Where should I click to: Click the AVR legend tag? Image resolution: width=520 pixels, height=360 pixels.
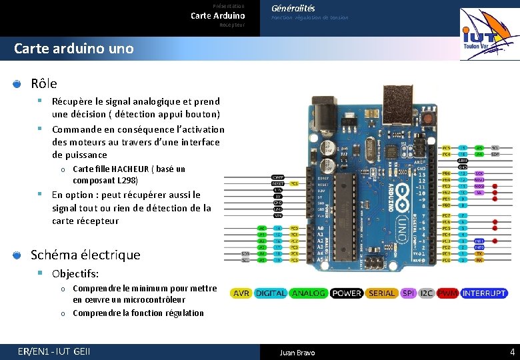pos(241,293)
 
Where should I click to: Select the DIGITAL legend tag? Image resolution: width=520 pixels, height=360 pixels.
pos(271,293)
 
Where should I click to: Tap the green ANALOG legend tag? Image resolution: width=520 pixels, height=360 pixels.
pos(309,293)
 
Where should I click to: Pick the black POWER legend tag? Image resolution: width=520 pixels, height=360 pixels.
pos(347,293)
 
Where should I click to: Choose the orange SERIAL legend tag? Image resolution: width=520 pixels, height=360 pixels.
pos(382,293)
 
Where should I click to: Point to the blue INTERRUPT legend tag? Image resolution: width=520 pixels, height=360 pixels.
pos(485,293)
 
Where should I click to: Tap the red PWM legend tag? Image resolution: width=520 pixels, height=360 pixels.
pos(448,293)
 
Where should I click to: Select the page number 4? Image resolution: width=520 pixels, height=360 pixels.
pos(512,352)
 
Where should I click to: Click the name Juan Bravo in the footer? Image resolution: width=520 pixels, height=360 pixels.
pos(297,353)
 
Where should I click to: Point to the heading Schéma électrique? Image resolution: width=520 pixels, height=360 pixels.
pos(85,255)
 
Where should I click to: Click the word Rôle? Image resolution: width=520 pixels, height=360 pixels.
pos(44,83)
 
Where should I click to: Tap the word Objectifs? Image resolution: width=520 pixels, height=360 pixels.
pos(75,274)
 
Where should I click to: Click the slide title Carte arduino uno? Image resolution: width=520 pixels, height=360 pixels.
pos(73,49)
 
